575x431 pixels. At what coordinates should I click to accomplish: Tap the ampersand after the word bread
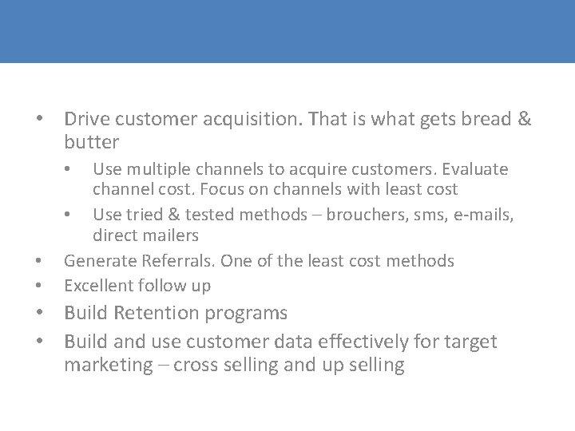click(524, 120)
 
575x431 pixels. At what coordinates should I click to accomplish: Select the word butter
click(91, 143)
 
